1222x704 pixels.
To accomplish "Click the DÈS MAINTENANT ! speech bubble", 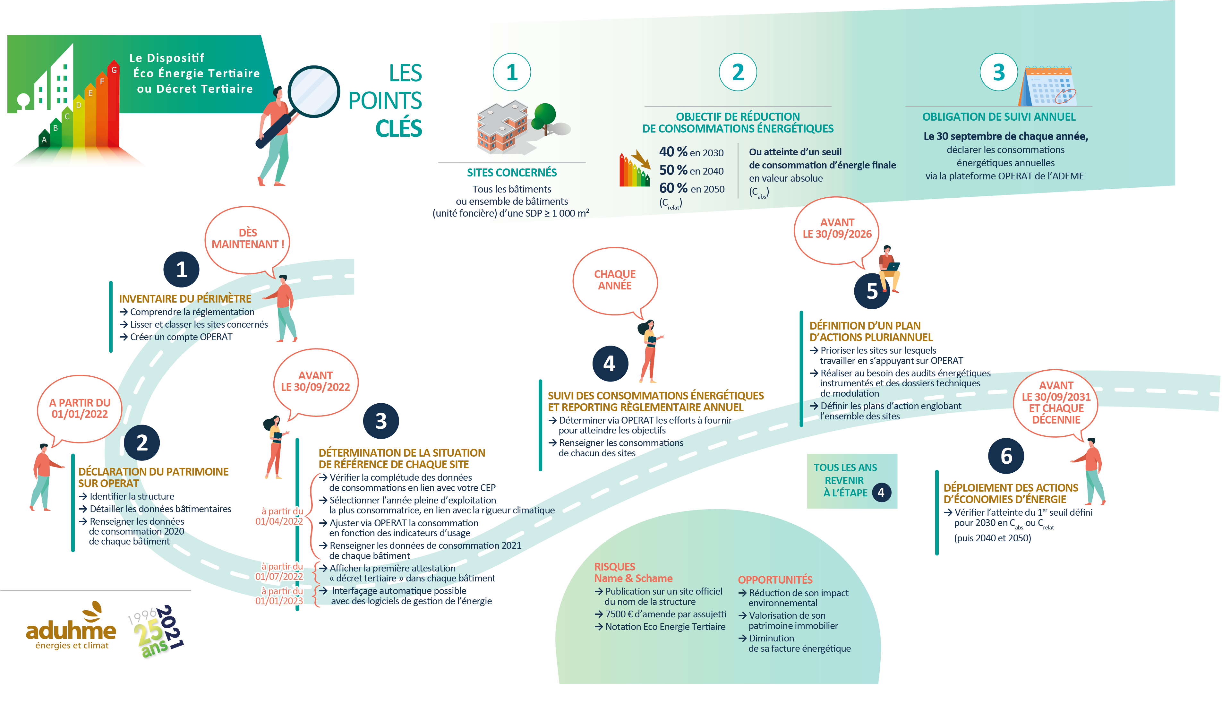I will pos(247,238).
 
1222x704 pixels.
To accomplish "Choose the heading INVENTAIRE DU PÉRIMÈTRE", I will pos(185,299).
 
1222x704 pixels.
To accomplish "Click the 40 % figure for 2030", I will pos(673,152).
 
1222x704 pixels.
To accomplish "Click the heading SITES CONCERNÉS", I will pos(511,173).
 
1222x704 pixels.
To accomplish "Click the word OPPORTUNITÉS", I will pos(775,580).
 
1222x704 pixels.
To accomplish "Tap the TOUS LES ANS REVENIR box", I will pos(851,481).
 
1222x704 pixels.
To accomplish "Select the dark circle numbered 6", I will pos(1005,456).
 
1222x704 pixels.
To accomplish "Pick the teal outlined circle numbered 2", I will pos(738,73).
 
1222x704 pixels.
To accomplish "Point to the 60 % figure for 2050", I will pos(673,188).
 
